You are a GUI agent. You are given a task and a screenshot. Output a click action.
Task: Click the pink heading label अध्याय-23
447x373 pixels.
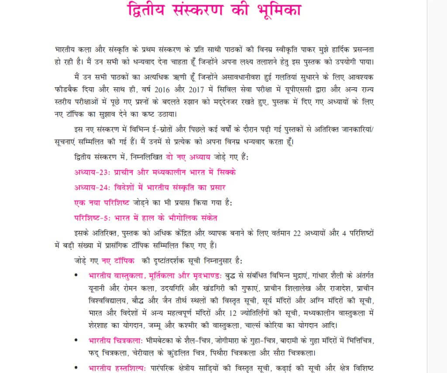[x=92, y=172]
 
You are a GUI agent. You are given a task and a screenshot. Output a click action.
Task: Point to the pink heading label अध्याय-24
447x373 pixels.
[x=92, y=187]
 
